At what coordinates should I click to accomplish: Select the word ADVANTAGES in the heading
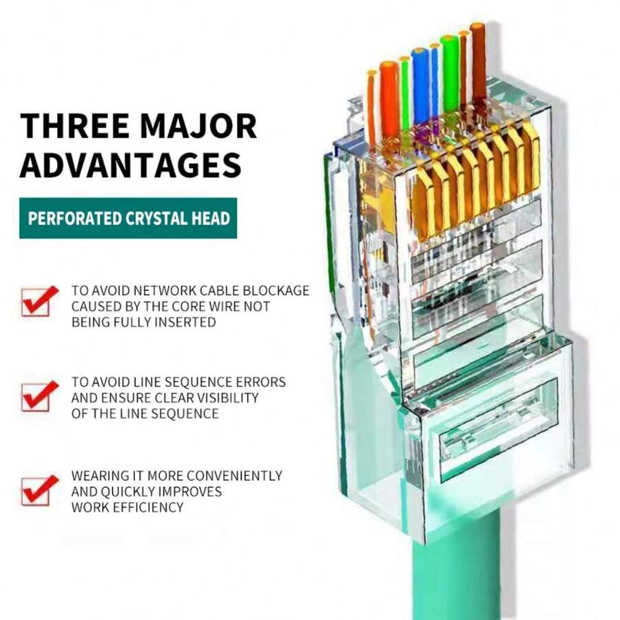130,165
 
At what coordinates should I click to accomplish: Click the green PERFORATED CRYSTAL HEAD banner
128,218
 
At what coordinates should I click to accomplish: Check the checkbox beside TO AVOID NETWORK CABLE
38,300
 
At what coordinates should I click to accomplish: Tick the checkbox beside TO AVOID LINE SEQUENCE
38,395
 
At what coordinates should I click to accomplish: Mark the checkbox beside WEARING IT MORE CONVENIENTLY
38,489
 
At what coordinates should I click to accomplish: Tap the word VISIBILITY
223,397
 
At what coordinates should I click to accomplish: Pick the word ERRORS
260,382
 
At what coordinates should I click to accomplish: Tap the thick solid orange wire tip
389,96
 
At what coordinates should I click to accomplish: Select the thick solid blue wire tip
420,83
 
